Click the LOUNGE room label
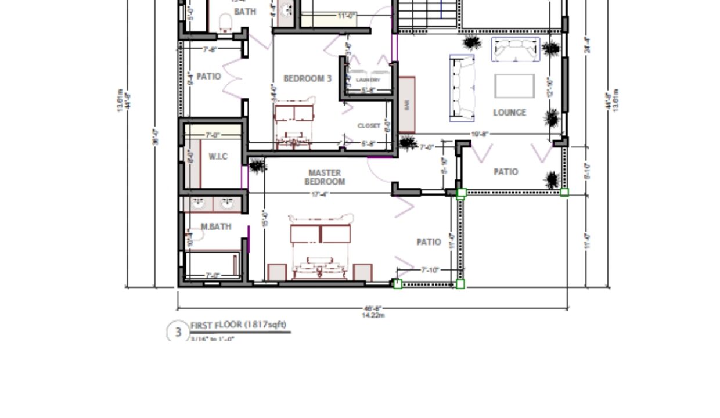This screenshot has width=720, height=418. (509, 113)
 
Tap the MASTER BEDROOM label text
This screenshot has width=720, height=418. (325, 177)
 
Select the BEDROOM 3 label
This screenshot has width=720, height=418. (307, 78)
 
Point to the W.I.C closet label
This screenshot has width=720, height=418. (218, 157)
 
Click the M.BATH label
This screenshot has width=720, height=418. (215, 226)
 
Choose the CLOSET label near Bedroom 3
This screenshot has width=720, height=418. (369, 125)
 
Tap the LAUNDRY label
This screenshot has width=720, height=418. (368, 80)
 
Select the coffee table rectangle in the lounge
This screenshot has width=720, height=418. (514, 86)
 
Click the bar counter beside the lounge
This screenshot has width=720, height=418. (407, 105)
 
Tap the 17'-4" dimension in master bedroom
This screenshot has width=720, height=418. (320, 194)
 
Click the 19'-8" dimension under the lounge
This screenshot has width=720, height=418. (479, 134)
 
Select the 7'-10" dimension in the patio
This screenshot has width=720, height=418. (430, 270)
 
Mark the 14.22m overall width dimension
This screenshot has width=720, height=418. (372, 315)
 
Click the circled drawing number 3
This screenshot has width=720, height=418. (178, 332)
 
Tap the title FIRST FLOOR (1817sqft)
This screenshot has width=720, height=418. (238, 325)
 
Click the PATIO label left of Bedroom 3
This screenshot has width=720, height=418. (208, 76)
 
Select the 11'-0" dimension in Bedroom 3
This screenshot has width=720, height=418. (347, 16)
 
